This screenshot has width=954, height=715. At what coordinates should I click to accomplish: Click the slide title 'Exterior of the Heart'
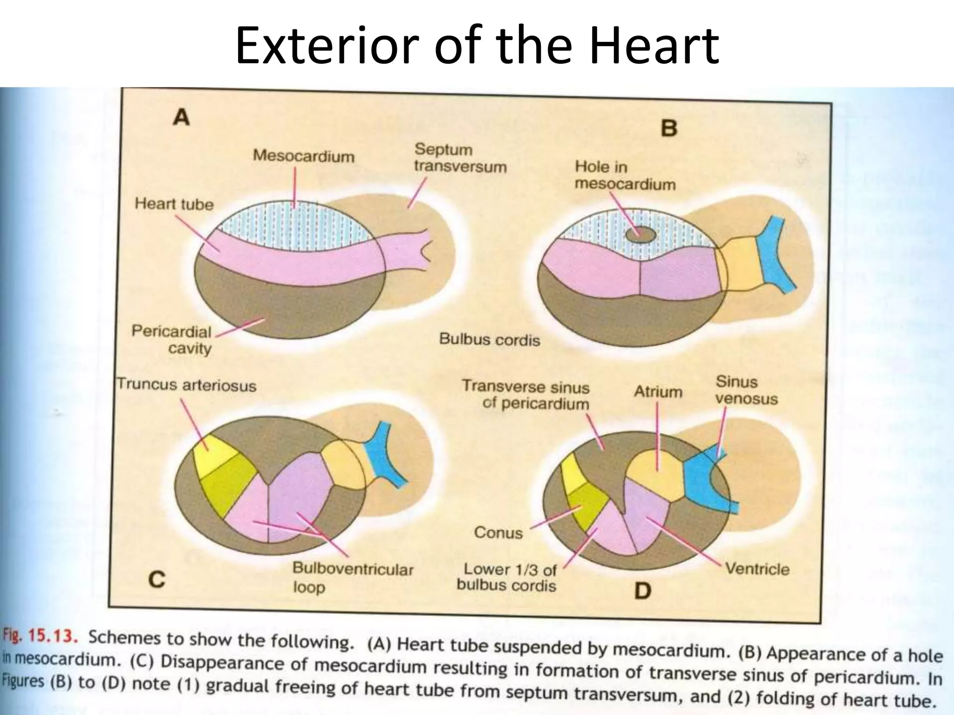click(x=477, y=46)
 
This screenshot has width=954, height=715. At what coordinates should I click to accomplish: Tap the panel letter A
click(x=181, y=117)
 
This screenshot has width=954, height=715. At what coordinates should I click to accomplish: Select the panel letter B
click(x=669, y=127)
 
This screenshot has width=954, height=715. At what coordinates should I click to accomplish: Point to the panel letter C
click(x=157, y=580)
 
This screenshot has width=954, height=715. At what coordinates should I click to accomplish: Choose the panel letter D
click(x=642, y=591)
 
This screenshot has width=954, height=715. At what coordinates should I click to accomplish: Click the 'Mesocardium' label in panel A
click(x=303, y=156)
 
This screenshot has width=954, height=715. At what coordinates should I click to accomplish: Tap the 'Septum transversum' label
click(x=460, y=158)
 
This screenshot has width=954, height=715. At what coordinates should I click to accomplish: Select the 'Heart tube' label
click(x=174, y=204)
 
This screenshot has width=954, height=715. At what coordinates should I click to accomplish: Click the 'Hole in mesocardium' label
click(x=624, y=175)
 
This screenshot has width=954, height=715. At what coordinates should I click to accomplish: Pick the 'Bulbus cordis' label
click(x=489, y=339)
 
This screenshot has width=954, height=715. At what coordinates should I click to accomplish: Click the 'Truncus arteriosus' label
click(x=186, y=385)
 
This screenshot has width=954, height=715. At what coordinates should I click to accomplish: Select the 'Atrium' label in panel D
click(x=657, y=392)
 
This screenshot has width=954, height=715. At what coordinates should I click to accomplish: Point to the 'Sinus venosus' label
click(x=746, y=390)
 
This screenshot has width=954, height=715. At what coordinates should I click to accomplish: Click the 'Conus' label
click(x=498, y=532)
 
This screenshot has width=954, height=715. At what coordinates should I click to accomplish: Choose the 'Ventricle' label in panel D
click(x=757, y=569)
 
